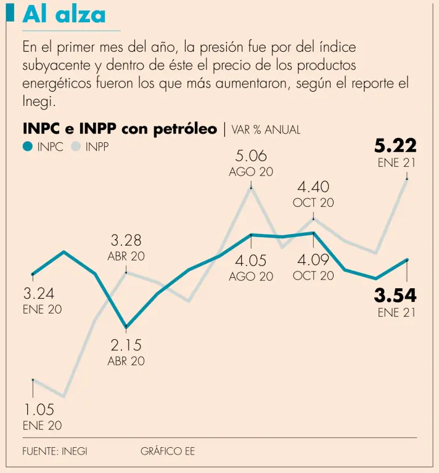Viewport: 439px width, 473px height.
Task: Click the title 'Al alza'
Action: (x=64, y=14)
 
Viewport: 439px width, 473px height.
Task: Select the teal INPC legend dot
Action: (x=27, y=147)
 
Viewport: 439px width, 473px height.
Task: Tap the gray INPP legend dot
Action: (x=76, y=147)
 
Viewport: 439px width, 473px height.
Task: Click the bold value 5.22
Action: (x=395, y=145)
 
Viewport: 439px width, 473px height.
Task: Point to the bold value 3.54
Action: (x=395, y=295)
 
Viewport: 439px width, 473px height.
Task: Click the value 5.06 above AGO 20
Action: (x=250, y=155)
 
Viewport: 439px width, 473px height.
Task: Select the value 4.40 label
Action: (x=313, y=187)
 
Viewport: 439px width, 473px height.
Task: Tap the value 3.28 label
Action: (x=126, y=240)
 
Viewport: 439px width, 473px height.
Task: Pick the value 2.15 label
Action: (x=126, y=345)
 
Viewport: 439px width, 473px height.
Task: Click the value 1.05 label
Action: (x=39, y=410)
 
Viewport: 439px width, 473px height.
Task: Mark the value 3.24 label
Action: (x=39, y=294)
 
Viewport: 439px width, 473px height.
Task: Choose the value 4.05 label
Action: (x=250, y=261)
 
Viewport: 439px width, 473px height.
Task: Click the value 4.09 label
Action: (x=313, y=260)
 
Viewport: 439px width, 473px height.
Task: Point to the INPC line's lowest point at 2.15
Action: (x=126, y=326)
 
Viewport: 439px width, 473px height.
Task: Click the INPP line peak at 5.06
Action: (x=251, y=187)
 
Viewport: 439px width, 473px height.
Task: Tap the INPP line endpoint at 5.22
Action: (x=407, y=179)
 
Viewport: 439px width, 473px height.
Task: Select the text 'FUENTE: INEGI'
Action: (x=55, y=451)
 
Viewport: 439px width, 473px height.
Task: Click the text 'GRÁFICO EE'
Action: (x=167, y=451)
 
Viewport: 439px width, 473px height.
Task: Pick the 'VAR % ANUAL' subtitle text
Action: (x=266, y=129)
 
